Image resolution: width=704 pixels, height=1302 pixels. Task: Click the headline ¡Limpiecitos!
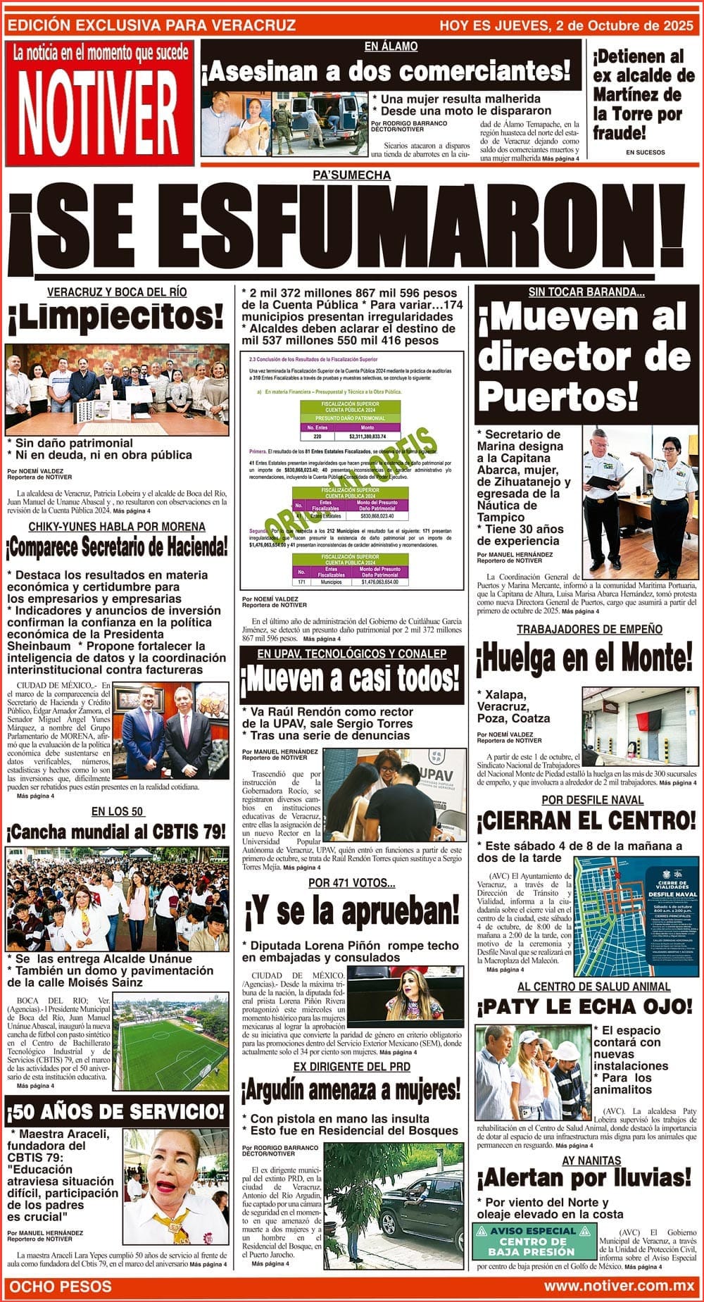116,318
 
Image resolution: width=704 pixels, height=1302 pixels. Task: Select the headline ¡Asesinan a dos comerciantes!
386,72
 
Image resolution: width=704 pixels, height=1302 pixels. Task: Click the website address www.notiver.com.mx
619,1286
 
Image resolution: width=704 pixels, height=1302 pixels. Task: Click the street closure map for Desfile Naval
636,916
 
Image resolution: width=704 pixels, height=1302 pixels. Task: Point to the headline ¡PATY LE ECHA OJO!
585,1006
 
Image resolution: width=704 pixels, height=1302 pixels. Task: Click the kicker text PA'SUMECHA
351,175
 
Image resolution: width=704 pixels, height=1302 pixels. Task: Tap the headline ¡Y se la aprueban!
351,913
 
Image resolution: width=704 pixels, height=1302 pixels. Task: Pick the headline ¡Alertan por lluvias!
584,1177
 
